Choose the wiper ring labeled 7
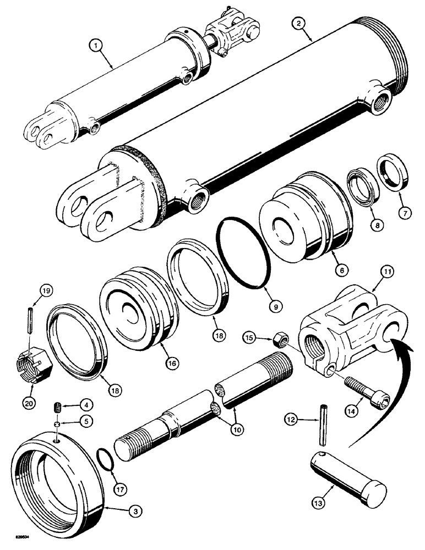tap(392, 171)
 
